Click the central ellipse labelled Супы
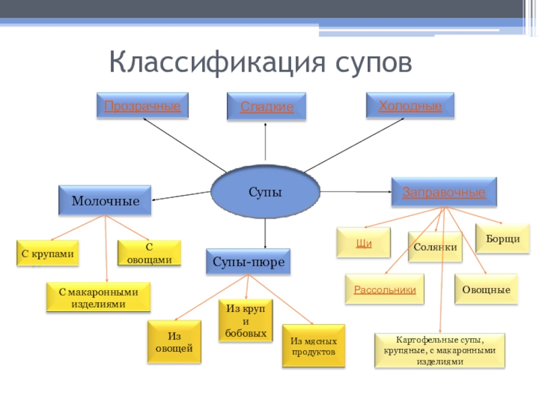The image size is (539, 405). point(265,193)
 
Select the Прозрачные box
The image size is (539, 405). point(142,107)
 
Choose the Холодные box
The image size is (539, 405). point(410,106)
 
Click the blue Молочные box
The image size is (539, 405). point(105,201)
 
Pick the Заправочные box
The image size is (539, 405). point(444,192)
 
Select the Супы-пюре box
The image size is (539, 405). point(248,261)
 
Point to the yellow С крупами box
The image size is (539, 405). point(47,254)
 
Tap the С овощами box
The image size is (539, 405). point(150,254)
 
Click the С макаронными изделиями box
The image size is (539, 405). point(98,298)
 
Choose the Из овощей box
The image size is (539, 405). point(174,342)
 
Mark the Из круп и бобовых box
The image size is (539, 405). point(246,319)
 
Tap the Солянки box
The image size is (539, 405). point(435,247)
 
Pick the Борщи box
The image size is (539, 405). point(503,239)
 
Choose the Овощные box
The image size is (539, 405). point(486,290)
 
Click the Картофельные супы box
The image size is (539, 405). point(439,350)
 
